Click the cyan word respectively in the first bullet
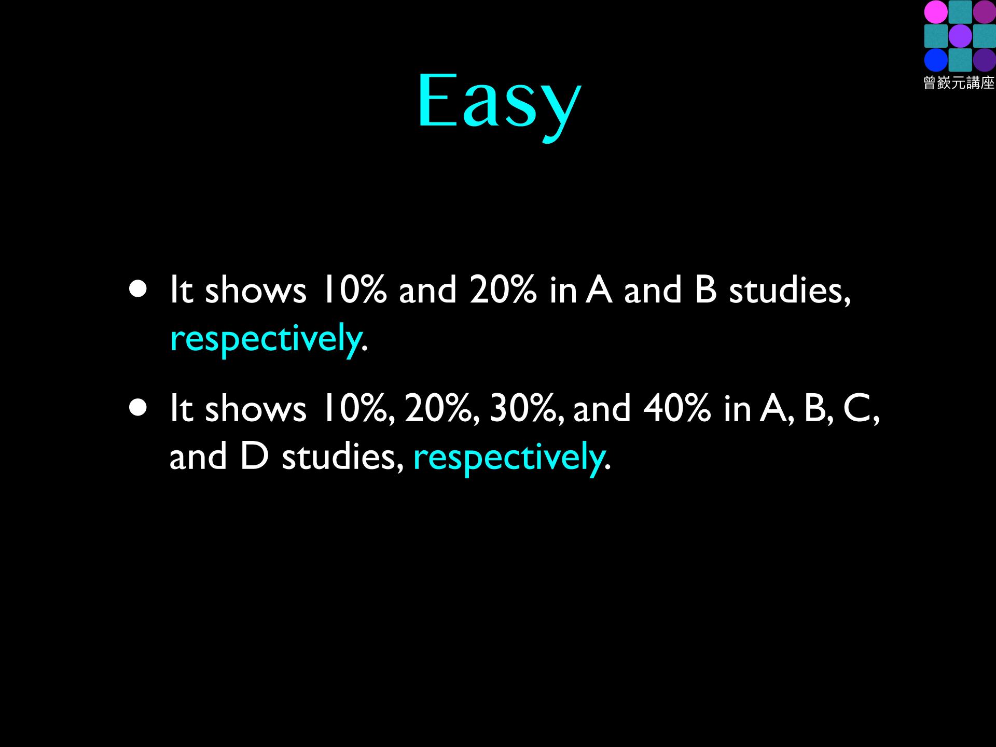pyautogui.click(x=266, y=339)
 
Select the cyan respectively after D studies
pyautogui.click(x=508, y=458)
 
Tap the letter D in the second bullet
pyautogui.click(x=254, y=457)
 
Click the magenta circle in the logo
pyautogui.click(x=936, y=12)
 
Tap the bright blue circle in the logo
pyautogui.click(x=936, y=60)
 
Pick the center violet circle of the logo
pyautogui.click(x=960, y=36)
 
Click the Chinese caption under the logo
pyautogui.click(x=959, y=82)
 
